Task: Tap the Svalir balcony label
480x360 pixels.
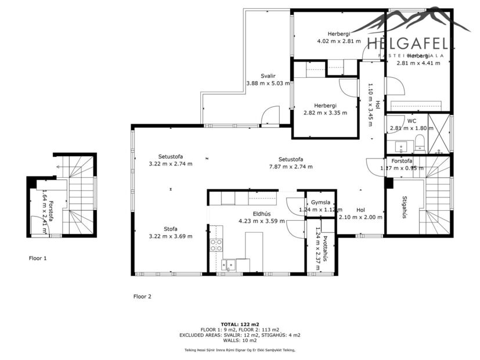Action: (x=268, y=76)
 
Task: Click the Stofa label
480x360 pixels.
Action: (x=171, y=229)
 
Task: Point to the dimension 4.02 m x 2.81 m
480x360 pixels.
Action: (x=338, y=41)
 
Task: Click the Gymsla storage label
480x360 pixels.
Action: (x=320, y=203)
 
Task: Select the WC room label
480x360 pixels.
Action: (x=412, y=121)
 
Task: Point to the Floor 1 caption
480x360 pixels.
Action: (x=37, y=257)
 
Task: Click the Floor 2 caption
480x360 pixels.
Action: (x=142, y=296)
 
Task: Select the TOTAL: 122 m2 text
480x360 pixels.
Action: (x=240, y=324)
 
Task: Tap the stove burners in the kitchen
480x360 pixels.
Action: (x=216, y=245)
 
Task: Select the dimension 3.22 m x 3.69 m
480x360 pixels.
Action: (x=171, y=236)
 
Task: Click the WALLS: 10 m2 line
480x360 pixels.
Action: (x=240, y=341)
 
